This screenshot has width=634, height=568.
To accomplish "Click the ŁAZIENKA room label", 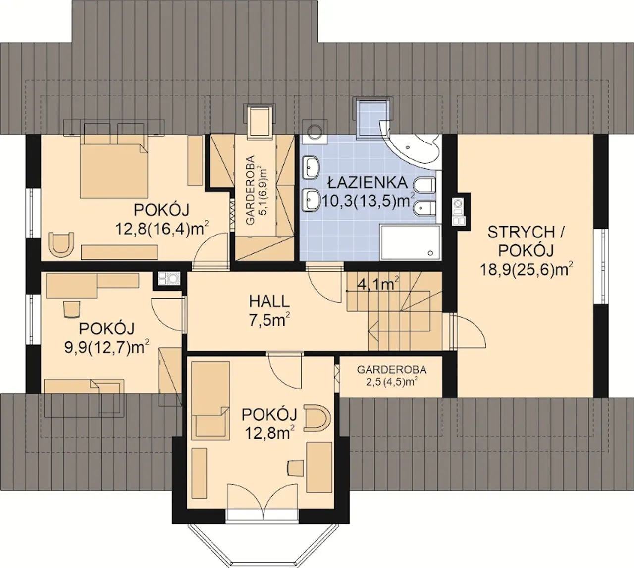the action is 368,182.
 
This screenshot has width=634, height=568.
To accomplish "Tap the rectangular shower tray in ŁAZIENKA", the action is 410,242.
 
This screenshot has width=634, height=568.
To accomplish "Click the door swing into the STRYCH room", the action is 469,331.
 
